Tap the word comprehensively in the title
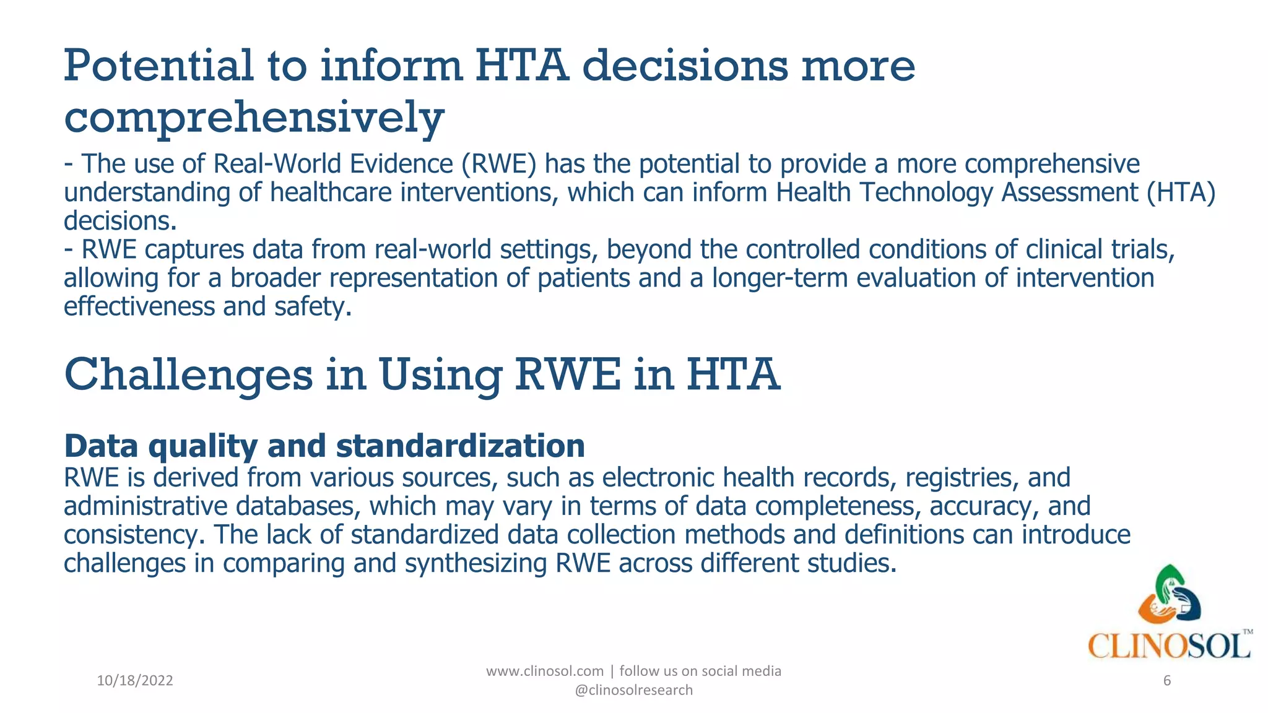point(254,118)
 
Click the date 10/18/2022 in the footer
point(135,681)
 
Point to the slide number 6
point(1167,681)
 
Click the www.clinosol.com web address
point(545,671)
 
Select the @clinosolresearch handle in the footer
point(634,690)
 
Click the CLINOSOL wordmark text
point(1169,646)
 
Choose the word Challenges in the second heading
point(188,375)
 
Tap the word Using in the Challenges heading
point(440,375)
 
